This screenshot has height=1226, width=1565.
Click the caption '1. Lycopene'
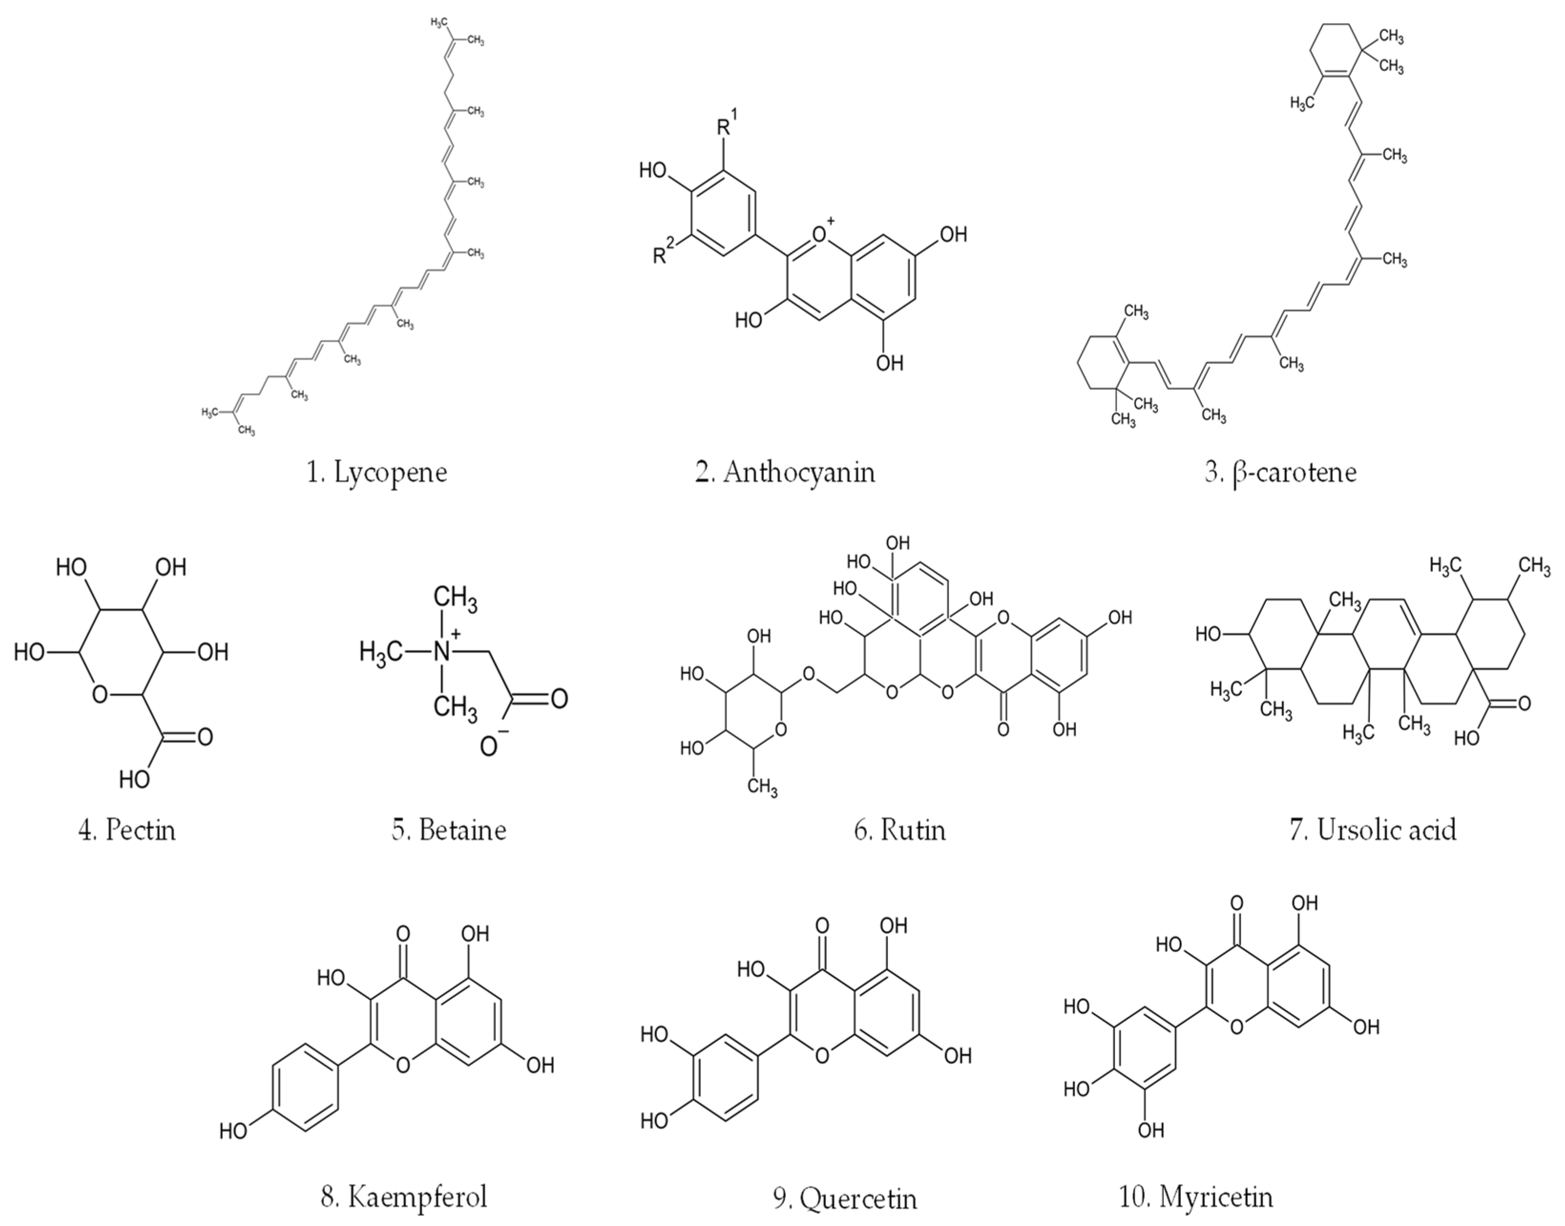[377, 473]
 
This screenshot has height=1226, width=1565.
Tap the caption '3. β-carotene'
[1280, 473]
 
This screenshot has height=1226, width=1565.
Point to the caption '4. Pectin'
[126, 830]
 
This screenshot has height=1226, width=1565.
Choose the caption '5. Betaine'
[449, 830]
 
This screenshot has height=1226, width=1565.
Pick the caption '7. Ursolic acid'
[1373, 830]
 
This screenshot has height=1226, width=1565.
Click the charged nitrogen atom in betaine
[446, 651]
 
